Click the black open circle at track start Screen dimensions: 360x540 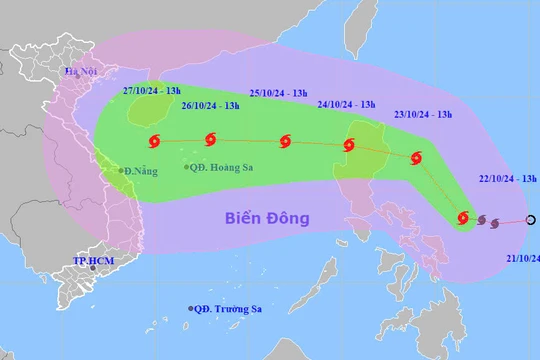531,220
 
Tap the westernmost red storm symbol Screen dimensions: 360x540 154,141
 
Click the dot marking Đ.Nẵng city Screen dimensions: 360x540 121,171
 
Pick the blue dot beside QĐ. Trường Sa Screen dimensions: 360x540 190,308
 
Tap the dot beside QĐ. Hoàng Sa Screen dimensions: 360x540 186,167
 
